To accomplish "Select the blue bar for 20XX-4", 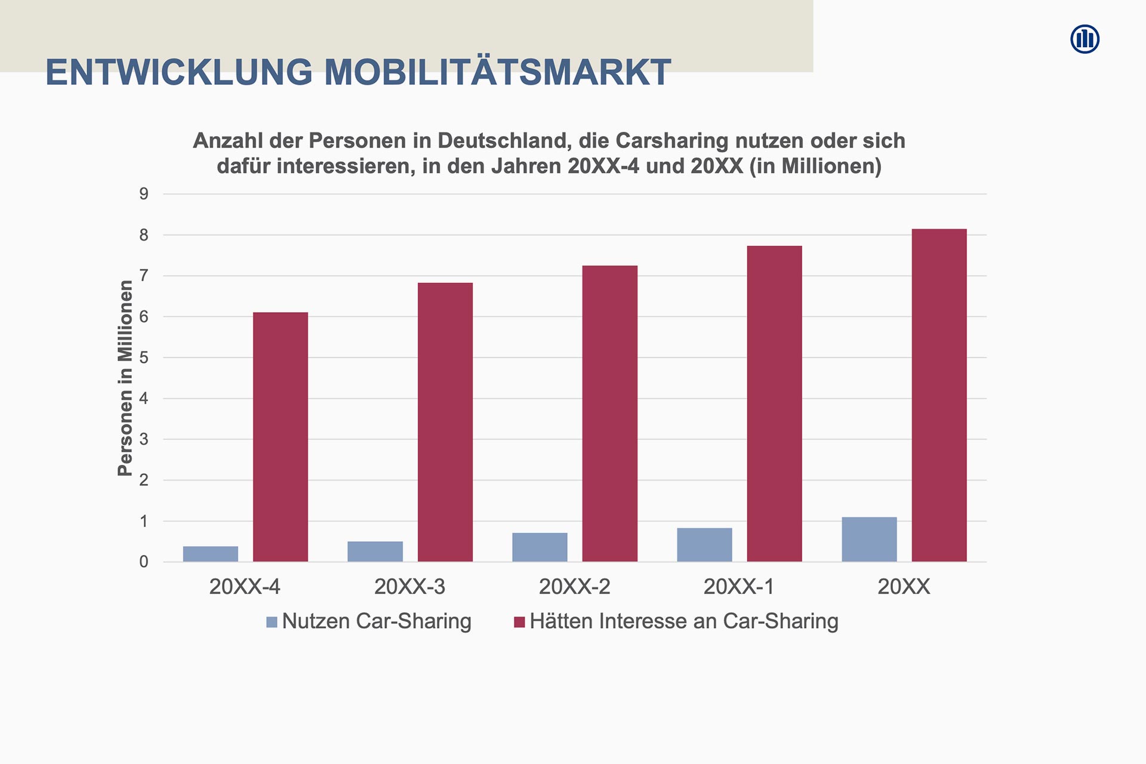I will pos(211,554).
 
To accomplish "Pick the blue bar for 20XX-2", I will pos(540,547).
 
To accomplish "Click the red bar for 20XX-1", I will pos(774,403).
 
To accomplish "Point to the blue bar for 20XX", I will pos(869,540).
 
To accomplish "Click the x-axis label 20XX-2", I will pos(574,587).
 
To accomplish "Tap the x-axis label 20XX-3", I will pos(409,587).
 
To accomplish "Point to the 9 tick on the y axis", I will pos(144,194).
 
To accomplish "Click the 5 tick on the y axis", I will pos(144,358).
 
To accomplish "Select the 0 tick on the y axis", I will pos(144,562).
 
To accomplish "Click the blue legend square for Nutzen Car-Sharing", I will pos(272,622).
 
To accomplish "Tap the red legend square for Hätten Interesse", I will pos(519,622).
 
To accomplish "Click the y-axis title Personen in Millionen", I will pos(125,378).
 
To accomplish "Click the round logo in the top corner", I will pos(1085,39).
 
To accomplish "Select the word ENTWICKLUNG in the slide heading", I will pos(179,73).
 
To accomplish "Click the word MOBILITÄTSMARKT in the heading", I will pos(498,73).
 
